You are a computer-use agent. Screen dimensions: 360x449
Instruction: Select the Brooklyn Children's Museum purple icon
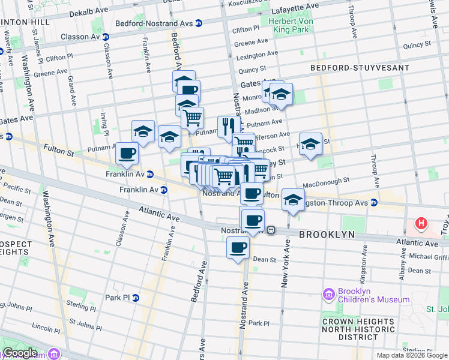click(x=328, y=294)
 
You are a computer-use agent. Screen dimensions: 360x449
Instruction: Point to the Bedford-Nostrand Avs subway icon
click(x=199, y=23)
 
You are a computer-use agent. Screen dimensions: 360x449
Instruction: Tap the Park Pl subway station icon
click(x=136, y=298)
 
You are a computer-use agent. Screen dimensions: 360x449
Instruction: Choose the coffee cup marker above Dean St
click(x=238, y=247)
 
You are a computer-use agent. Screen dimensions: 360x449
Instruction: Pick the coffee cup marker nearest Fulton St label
click(x=127, y=154)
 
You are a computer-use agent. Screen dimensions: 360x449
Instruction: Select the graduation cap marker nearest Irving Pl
click(x=143, y=131)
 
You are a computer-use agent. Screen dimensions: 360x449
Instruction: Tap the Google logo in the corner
click(x=20, y=353)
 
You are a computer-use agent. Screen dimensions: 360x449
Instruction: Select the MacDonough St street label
click(x=326, y=181)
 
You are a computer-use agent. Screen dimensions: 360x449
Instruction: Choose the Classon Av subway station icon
click(x=106, y=37)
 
